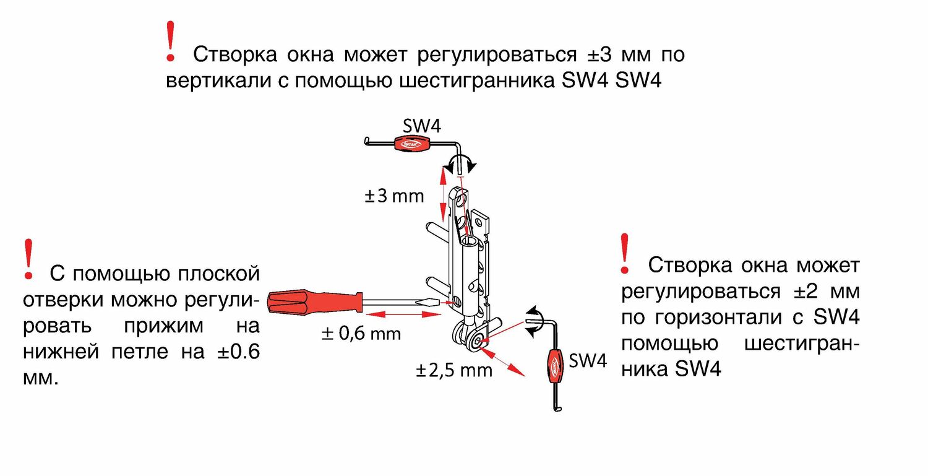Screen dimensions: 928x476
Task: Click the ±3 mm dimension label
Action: click(394, 196)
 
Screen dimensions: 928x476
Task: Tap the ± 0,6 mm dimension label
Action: click(361, 334)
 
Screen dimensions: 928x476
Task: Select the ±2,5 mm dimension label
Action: click(454, 370)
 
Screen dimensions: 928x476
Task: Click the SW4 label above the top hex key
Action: click(422, 126)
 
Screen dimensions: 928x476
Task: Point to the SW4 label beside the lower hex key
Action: click(588, 361)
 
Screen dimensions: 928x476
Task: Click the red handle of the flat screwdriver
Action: click(316, 302)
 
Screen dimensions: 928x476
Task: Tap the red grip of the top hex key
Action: click(410, 144)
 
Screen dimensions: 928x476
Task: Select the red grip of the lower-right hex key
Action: click(554, 366)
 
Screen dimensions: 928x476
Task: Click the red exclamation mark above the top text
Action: click(170, 41)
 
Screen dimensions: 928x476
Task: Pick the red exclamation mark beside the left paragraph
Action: click(28, 259)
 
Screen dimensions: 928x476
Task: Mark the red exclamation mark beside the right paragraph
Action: click(624, 253)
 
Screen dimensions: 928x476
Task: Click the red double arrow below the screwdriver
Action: click(403, 314)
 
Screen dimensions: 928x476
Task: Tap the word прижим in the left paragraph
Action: click(164, 326)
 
